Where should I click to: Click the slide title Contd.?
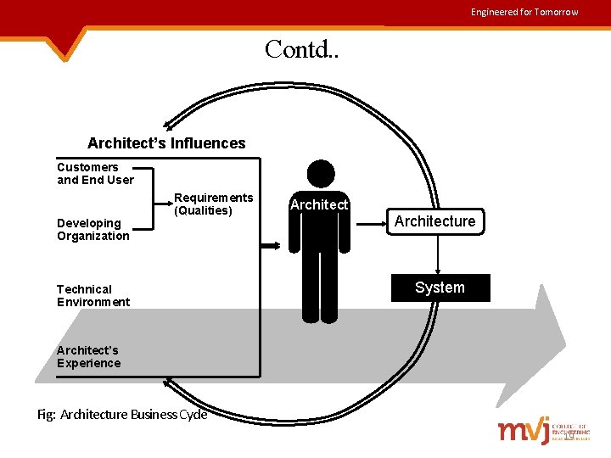(x=301, y=49)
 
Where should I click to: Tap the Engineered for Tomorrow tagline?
(x=524, y=12)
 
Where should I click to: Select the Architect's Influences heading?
(x=166, y=143)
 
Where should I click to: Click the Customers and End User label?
(x=95, y=173)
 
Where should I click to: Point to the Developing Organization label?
(x=92, y=230)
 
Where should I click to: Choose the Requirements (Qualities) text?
(x=213, y=204)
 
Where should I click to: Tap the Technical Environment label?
(x=93, y=295)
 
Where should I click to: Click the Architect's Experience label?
(x=88, y=356)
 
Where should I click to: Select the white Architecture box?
(x=434, y=221)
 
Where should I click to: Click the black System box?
(x=440, y=288)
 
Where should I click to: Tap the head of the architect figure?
(x=321, y=174)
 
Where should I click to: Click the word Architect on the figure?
(x=319, y=204)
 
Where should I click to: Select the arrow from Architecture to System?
(x=439, y=254)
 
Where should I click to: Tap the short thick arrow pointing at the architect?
(x=272, y=246)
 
